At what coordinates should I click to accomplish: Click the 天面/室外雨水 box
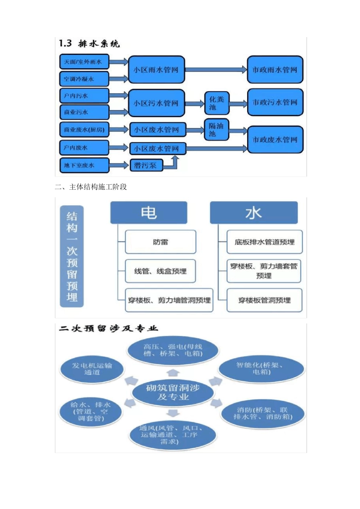tap(84, 62)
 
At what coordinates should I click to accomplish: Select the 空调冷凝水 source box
tap(84, 79)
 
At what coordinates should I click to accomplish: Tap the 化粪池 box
tap(217, 103)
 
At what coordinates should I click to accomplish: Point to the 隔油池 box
tap(216, 130)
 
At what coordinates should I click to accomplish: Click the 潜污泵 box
tap(146, 165)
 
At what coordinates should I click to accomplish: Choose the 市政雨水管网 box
tap(275, 70)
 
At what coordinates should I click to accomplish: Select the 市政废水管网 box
tap(275, 139)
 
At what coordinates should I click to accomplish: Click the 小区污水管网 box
tap(156, 103)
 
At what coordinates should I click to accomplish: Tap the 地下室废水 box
tap(84, 165)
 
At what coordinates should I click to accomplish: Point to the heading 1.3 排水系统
tap(89, 44)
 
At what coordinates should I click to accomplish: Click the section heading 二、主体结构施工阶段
tap(91, 187)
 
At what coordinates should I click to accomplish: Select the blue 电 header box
tap(149, 212)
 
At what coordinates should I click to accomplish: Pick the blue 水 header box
tap(254, 212)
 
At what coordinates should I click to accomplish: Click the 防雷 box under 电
tap(161, 242)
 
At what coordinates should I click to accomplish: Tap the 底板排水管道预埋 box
tap(265, 242)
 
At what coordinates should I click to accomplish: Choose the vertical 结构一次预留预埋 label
tap(72, 256)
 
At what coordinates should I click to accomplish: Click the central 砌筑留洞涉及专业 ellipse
tap(173, 392)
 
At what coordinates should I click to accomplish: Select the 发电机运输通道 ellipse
tap(92, 369)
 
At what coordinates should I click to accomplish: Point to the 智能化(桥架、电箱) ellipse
tap(261, 368)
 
